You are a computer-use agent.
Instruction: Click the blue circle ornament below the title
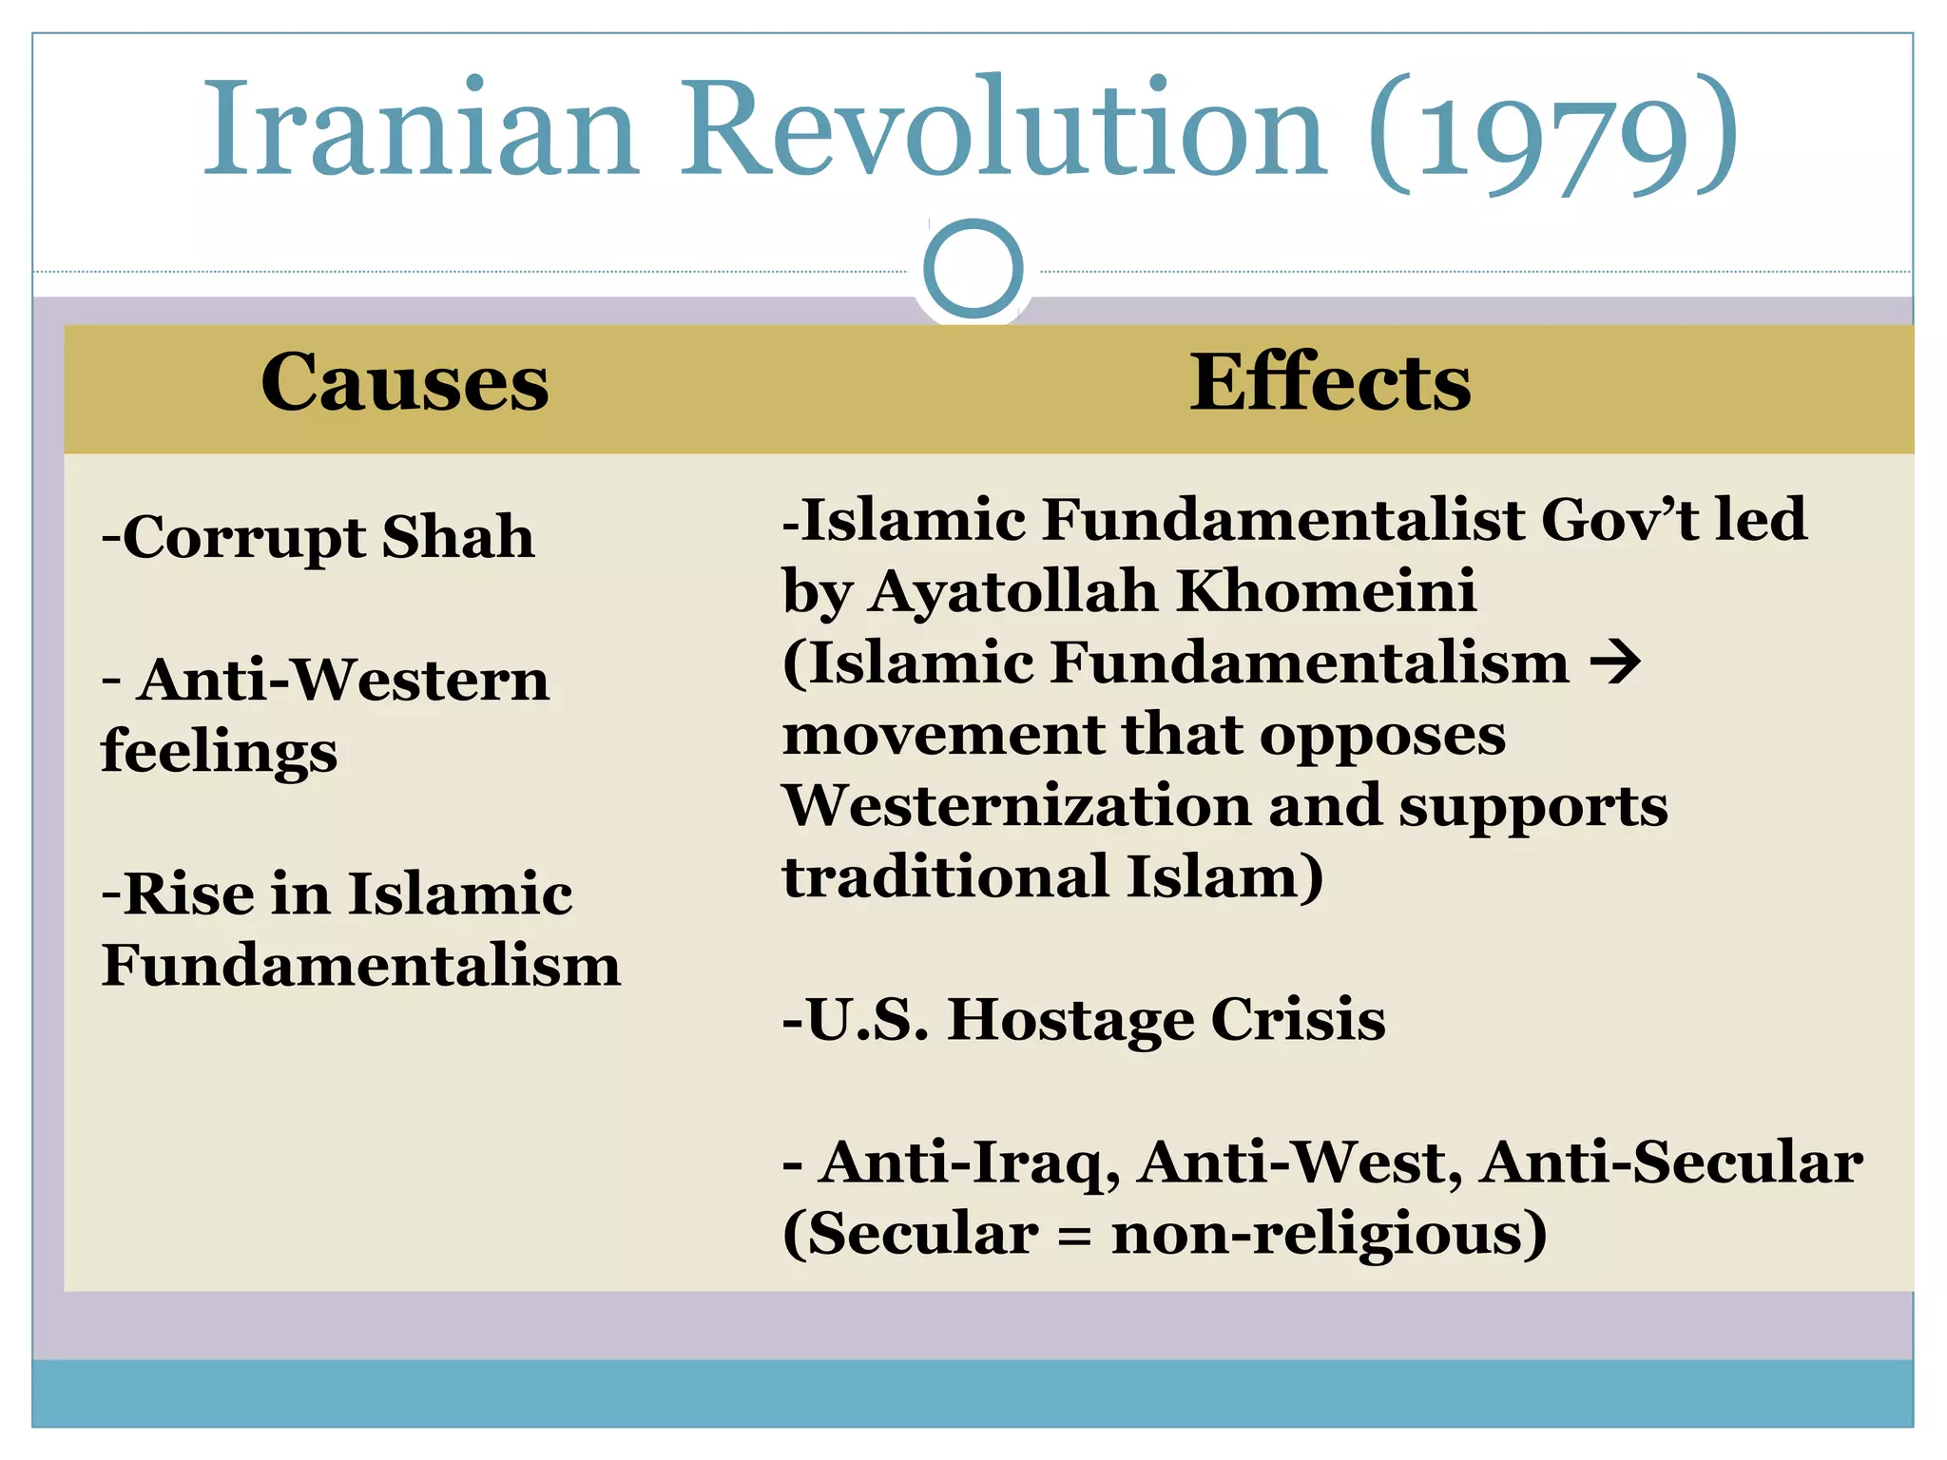973,269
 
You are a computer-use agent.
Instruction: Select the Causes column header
405,382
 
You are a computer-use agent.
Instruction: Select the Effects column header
1330,382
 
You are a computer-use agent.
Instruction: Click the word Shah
457,537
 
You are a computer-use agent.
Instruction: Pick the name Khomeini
1326,591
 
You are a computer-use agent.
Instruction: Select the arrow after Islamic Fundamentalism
1616,663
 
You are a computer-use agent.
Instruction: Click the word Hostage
1070,1021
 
